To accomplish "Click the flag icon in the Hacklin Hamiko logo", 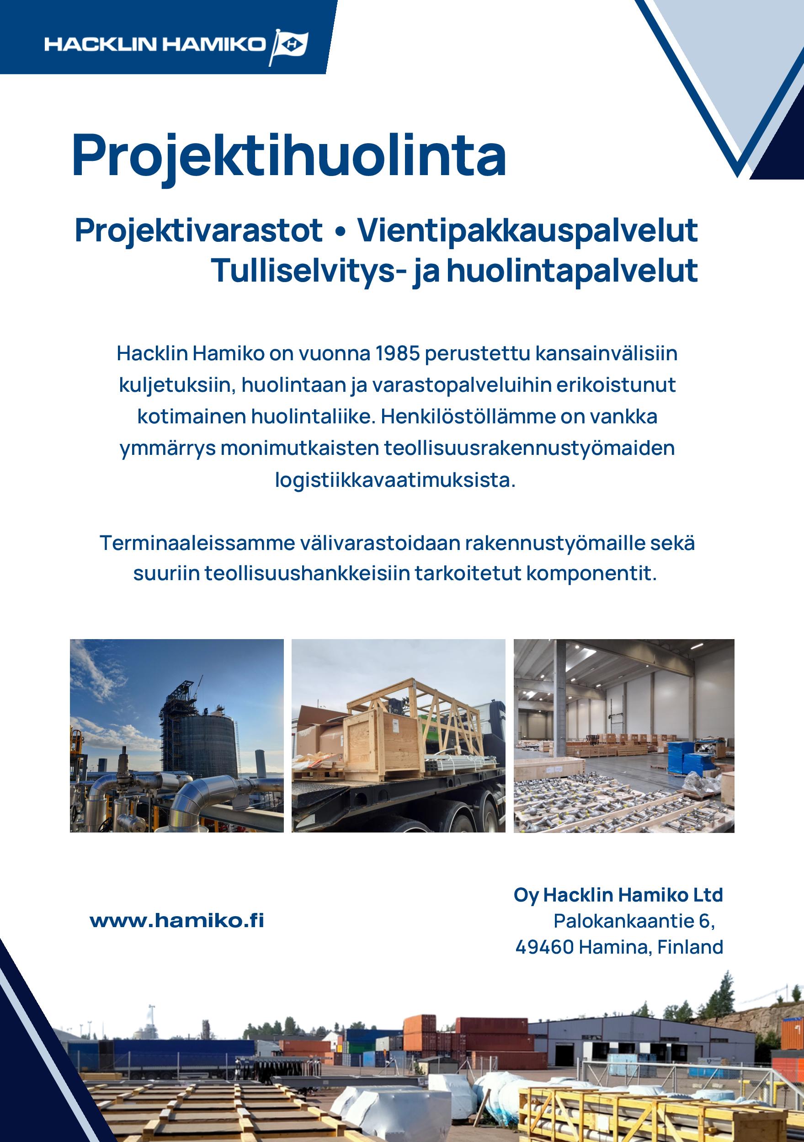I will point(290,46).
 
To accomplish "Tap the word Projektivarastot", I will point(198,231).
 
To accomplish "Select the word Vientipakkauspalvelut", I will point(527,231).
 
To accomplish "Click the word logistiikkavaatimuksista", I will point(395,480).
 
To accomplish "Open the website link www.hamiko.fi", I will point(177,921).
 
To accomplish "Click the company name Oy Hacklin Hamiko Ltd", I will point(618,895).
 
